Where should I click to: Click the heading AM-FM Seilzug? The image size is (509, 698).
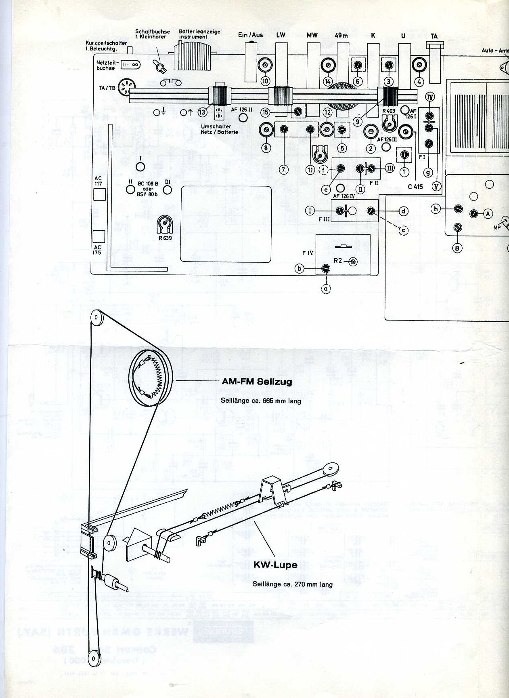257,382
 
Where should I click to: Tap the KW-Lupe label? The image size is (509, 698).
275,565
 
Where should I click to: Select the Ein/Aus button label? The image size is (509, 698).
250,35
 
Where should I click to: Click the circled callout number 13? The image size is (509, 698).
203,113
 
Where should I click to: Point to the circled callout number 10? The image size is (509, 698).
265,81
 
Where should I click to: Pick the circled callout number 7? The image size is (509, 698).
283,169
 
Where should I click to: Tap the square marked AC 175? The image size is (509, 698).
99,236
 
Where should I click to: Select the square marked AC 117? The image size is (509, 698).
99,195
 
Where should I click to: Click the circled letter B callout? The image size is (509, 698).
457,248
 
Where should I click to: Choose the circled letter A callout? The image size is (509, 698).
488,214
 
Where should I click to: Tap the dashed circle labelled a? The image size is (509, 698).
325,289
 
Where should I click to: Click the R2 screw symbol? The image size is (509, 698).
353,261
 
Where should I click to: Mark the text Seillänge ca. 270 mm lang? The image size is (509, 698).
292,584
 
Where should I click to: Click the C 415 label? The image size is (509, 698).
415,187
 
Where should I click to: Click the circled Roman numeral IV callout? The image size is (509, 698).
430,97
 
